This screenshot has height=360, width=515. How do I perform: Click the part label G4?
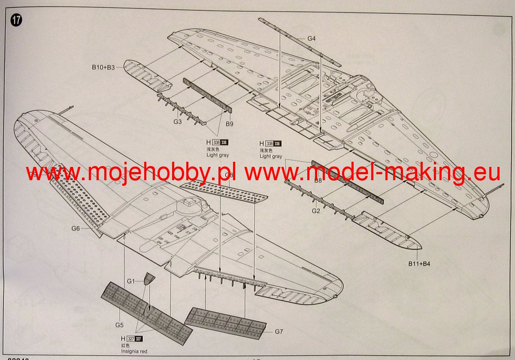tap(312, 39)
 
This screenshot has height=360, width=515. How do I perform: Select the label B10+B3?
tap(103, 67)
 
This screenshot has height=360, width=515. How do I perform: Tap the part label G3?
tap(178, 122)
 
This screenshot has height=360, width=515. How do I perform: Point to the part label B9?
tap(229, 124)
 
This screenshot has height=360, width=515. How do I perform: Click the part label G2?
tap(316, 211)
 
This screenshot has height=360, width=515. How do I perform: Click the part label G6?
tap(76, 229)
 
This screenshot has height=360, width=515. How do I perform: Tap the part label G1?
tap(131, 281)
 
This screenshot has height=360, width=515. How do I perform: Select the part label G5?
tap(119, 324)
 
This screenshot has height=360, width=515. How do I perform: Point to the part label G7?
tap(279, 331)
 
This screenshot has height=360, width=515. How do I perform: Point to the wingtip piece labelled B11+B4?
tap(386, 232)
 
